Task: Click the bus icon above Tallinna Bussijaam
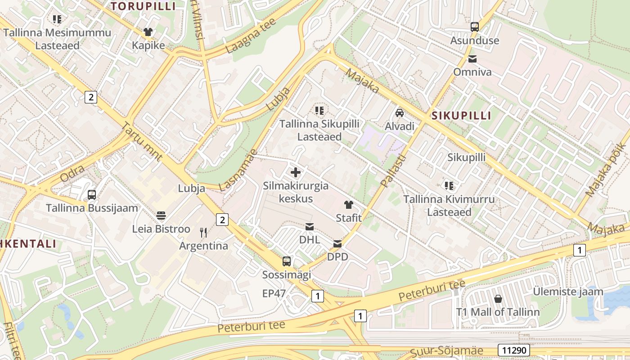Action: [x=92, y=195]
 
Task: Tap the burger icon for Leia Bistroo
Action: [x=161, y=216]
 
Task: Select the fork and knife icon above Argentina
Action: [x=203, y=232]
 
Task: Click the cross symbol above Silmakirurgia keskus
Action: [x=296, y=172]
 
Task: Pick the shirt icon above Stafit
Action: [x=349, y=205]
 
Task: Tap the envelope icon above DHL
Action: [x=310, y=226]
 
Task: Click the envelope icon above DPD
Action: [x=337, y=244]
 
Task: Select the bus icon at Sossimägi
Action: [x=287, y=261]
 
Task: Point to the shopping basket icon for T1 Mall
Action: [x=498, y=299]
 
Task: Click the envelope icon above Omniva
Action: [x=472, y=59]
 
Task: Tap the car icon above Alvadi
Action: [x=400, y=112]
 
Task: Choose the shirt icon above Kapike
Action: [x=148, y=32]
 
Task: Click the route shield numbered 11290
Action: [x=513, y=350]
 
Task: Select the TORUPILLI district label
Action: [x=143, y=6]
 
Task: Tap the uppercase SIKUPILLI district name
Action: [x=461, y=116]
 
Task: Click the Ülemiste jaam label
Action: [x=568, y=292]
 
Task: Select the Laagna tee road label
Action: [x=251, y=36]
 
